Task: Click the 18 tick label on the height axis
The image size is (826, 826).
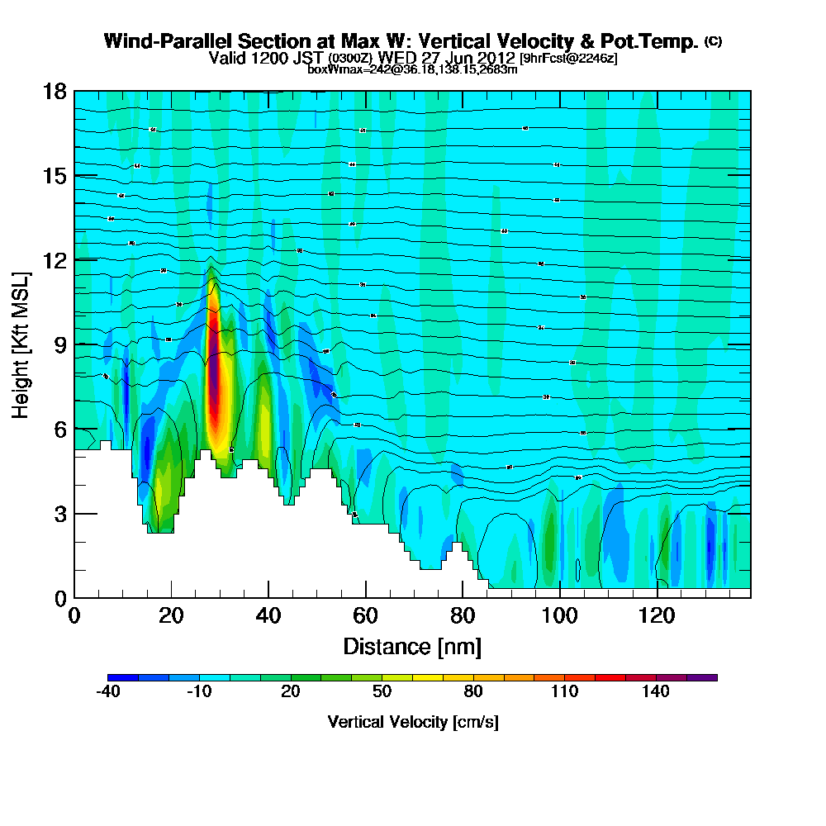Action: tap(54, 91)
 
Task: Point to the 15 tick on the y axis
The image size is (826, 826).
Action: tap(54, 175)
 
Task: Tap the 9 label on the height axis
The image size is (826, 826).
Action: tap(59, 344)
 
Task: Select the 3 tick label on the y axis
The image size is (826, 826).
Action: tap(59, 513)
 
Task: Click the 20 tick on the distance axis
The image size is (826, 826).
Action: tap(171, 615)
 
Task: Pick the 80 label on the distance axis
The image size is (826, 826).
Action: tap(463, 615)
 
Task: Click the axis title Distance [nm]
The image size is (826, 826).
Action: tap(412, 646)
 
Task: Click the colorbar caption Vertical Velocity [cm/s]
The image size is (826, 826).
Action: tap(412, 722)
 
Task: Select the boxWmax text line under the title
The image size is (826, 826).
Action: tap(412, 69)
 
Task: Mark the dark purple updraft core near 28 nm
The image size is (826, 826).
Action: tap(215, 388)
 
